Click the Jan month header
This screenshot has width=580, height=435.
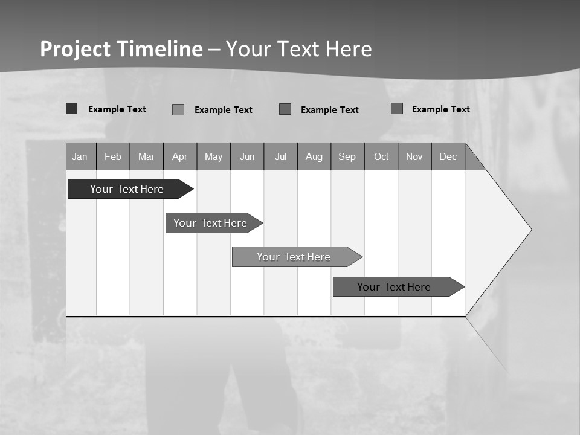(x=80, y=156)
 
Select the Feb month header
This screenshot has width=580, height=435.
(x=113, y=156)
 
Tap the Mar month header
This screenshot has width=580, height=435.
(x=146, y=156)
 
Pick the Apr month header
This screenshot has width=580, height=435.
(x=180, y=156)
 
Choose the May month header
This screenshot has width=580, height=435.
(x=213, y=156)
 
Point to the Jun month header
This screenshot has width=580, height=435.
(x=247, y=156)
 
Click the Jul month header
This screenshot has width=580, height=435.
(x=280, y=156)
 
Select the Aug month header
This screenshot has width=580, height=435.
(x=314, y=156)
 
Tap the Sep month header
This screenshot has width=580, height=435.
(x=347, y=156)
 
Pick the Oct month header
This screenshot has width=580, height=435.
(x=381, y=156)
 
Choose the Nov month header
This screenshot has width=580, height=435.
(x=414, y=156)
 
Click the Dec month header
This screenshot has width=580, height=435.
(x=448, y=156)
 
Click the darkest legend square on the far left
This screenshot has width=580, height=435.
(x=72, y=109)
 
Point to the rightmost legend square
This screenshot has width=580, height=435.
(x=397, y=109)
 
